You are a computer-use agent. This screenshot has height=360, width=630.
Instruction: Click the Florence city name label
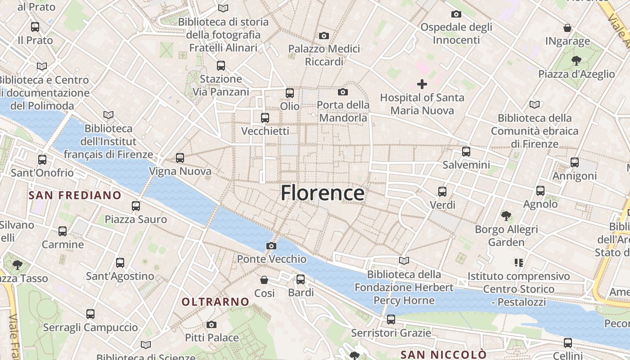tap(322, 193)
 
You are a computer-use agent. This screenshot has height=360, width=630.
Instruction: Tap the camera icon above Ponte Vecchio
tap(271, 246)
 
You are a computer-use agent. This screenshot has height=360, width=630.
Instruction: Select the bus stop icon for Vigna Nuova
tap(180, 158)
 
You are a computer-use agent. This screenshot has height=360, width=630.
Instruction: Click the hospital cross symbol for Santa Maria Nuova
tap(422, 84)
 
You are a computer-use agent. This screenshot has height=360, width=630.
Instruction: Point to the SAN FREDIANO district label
tap(75, 195)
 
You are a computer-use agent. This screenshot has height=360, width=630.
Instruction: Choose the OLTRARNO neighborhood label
tap(215, 301)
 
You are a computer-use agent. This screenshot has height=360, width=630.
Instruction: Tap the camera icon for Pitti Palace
tap(211, 324)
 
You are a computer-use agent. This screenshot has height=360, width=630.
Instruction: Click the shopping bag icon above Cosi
tap(264, 280)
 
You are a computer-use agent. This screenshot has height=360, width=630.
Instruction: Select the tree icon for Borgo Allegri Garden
tap(506, 216)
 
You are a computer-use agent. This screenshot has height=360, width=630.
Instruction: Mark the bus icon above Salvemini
tap(466, 152)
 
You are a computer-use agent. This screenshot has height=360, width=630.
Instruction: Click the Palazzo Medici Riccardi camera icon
tap(324, 36)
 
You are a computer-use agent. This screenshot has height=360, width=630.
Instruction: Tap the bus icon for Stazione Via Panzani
tap(221, 66)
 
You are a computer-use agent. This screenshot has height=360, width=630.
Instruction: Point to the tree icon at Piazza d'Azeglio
tap(576, 60)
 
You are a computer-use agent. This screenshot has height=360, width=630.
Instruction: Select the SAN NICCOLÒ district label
tap(443, 355)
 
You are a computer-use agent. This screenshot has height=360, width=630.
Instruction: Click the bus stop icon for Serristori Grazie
tap(391, 319)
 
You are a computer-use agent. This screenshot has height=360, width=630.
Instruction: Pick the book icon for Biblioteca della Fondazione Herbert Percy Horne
tap(404, 261)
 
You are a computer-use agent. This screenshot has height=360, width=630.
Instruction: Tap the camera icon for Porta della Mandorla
tap(343, 92)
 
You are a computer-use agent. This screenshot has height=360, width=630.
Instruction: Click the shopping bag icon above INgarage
tap(567, 28)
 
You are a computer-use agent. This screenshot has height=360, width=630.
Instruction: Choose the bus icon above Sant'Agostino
tap(120, 263)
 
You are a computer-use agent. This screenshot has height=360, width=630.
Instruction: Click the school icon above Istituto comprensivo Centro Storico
tap(518, 262)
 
